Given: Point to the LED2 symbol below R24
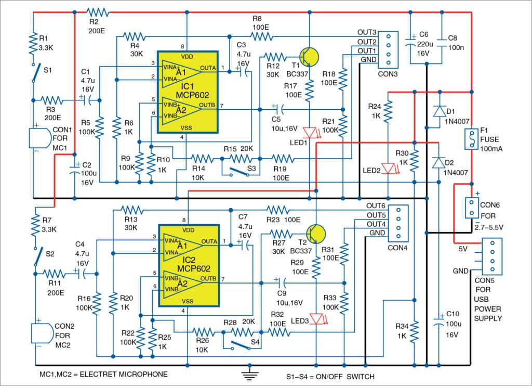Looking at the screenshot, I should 388,168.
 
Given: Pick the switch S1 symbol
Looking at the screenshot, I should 34,73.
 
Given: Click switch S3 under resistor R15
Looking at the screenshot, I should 236,172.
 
